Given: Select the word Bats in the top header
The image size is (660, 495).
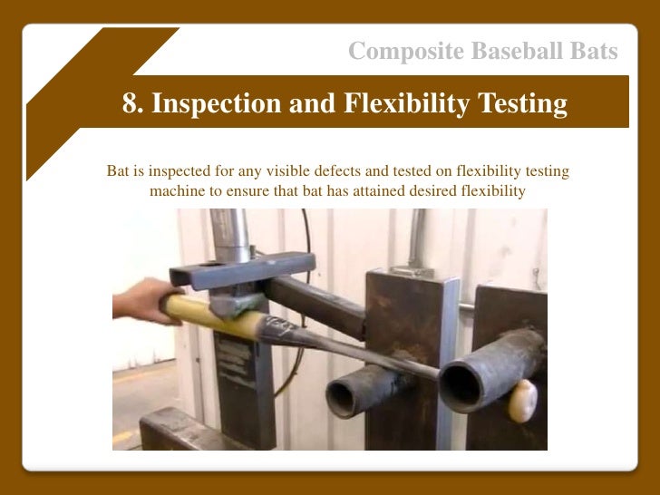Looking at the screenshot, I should [x=595, y=52].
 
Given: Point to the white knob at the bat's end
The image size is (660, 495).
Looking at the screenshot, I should [x=522, y=402].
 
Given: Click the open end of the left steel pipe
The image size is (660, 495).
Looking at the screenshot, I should [x=345, y=398].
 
